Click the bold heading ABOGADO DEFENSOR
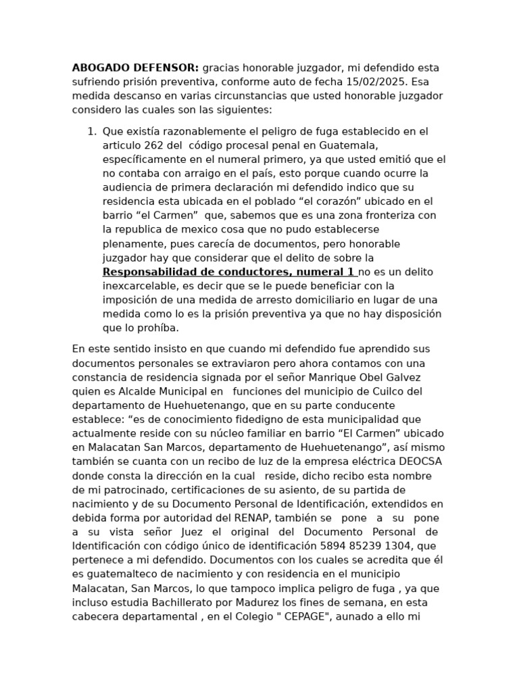tap(135, 68)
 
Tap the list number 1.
tap(92, 131)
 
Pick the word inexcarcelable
tap(138, 286)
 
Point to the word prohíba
tap(158, 328)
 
